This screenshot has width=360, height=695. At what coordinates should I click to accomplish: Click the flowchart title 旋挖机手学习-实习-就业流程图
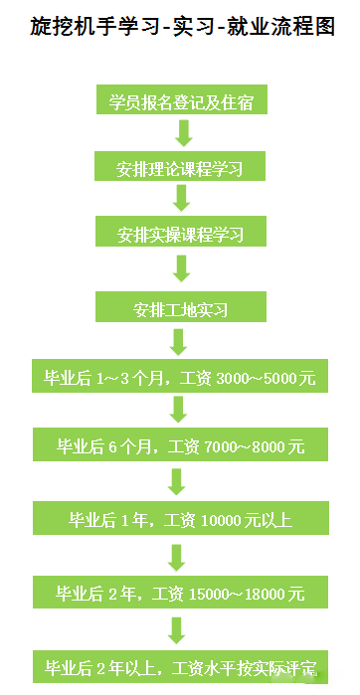pos(181,26)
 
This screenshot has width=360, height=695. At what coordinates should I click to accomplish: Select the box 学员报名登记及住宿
pos(180,100)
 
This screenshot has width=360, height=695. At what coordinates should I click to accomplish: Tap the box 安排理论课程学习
pos(180,166)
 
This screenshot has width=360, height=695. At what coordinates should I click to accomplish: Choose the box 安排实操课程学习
pos(180,234)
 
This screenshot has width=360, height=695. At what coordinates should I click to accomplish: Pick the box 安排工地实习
pos(180,309)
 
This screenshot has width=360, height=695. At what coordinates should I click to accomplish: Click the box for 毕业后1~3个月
pos(180,378)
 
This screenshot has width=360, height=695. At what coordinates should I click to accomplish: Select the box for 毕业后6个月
pos(180,446)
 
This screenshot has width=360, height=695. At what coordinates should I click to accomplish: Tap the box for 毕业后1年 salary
pos(180,518)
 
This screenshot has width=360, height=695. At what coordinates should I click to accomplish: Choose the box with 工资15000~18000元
pos(180,594)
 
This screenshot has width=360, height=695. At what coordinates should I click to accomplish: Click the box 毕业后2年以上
pos(180,666)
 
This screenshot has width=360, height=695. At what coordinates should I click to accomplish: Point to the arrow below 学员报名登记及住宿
pos(181,133)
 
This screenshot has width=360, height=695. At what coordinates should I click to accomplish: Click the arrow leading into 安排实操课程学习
pos(181,199)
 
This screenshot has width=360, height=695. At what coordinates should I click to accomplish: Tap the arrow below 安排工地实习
pos(179,343)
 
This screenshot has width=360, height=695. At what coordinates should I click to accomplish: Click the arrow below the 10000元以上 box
pos(177,556)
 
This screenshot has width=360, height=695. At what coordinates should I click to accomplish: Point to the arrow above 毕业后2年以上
pos(177,630)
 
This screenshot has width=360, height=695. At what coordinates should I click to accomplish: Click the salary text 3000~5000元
pos(265,378)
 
